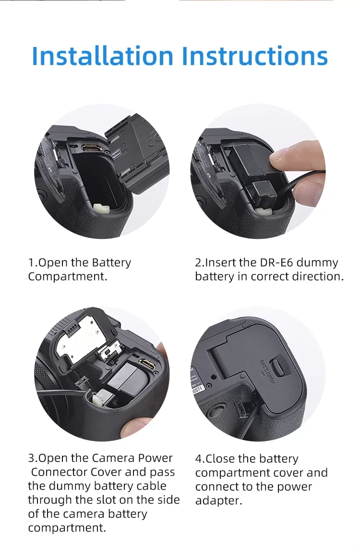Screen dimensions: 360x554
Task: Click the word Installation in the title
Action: [103, 56]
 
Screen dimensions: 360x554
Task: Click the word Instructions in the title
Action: [254, 56]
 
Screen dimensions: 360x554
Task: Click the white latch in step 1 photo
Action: [101, 208]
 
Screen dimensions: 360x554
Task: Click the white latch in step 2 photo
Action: [264, 211]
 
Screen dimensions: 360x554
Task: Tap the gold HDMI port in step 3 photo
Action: [146, 364]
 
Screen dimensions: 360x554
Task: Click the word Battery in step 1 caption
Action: [111, 263]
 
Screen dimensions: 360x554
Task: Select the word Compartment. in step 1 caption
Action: [68, 277]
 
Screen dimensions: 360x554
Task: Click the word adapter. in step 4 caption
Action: [218, 501]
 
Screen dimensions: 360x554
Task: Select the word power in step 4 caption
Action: [294, 487]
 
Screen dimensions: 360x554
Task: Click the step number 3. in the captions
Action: [33, 458]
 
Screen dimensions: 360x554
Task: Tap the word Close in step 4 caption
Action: [220, 459]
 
